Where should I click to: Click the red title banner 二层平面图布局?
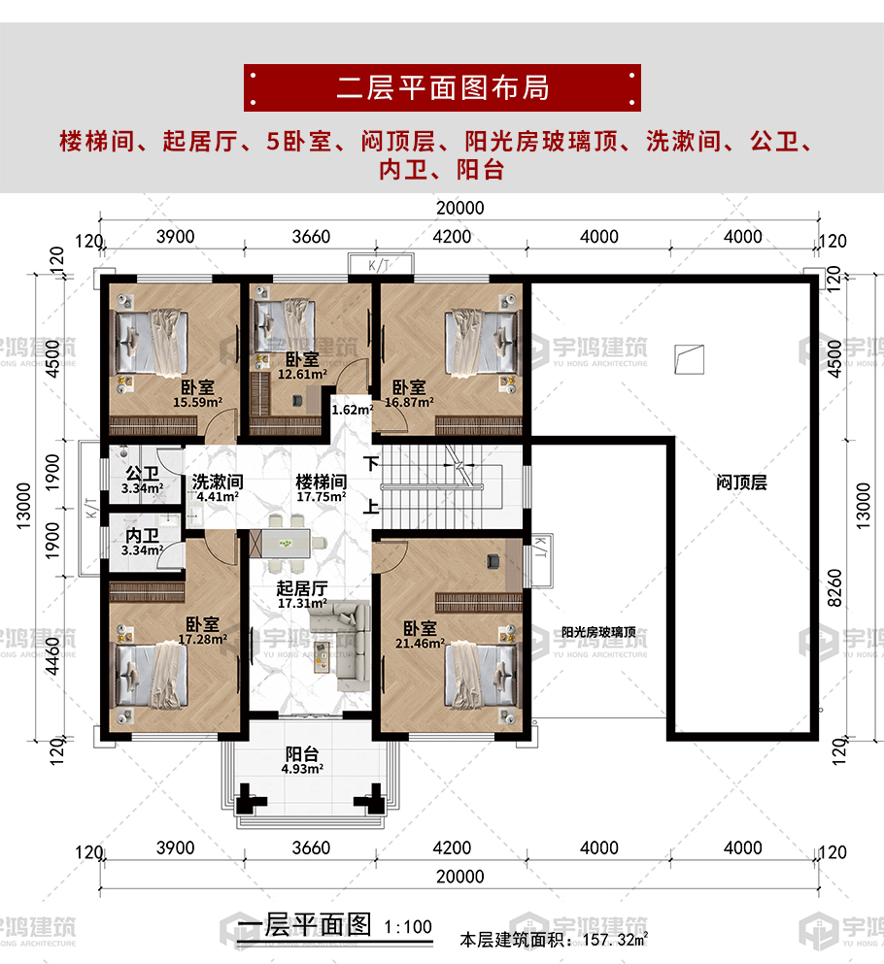point(442,87)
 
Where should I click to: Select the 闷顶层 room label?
point(741,482)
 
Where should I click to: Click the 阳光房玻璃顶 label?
point(598,632)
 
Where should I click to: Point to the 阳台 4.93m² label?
point(302,760)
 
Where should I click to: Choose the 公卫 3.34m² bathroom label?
point(142,481)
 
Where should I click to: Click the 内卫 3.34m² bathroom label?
point(142,543)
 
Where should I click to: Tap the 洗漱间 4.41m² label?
point(218,488)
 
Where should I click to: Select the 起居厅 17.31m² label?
point(302,595)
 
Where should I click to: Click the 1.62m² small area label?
point(353,410)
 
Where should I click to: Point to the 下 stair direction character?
point(370,463)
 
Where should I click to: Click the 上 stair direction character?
point(370,507)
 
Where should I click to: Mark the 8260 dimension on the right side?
point(834,588)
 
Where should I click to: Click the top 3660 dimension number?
point(311,237)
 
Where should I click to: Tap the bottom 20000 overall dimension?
point(460,876)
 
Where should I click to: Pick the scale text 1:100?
point(408,927)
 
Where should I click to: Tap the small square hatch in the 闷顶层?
point(689,359)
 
